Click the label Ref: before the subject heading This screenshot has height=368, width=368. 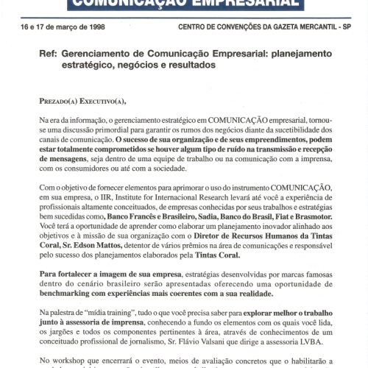(x=49, y=54)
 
